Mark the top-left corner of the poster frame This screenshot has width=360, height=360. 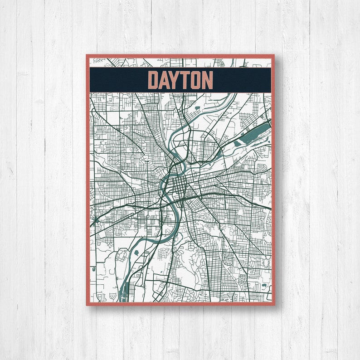(87, 55)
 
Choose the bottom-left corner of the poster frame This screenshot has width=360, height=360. (87, 305)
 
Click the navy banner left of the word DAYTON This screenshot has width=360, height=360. (118, 79)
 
